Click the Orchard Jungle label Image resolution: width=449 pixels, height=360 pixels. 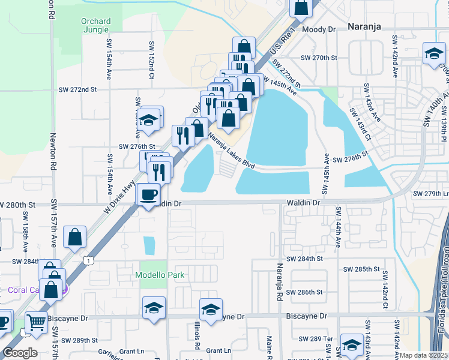click(x=96, y=26)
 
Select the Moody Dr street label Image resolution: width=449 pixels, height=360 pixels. click(x=319, y=29)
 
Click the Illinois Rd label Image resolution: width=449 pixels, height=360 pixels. click(x=197, y=336)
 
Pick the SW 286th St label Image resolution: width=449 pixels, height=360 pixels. click(x=304, y=292)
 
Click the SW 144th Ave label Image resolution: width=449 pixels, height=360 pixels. click(x=339, y=228)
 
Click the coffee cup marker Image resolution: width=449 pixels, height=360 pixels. click(x=148, y=194)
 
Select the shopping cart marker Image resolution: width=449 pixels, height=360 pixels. click(x=36, y=322)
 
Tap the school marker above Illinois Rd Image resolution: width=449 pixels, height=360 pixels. click(x=211, y=309)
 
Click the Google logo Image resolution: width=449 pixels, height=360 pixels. click(x=20, y=353)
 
